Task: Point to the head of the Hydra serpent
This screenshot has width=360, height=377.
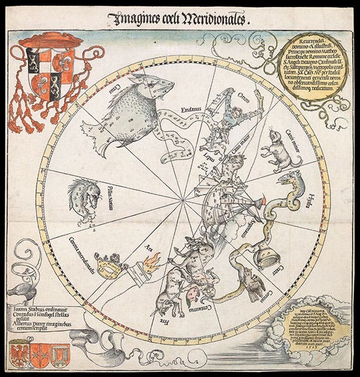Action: click(x=291, y=181)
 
